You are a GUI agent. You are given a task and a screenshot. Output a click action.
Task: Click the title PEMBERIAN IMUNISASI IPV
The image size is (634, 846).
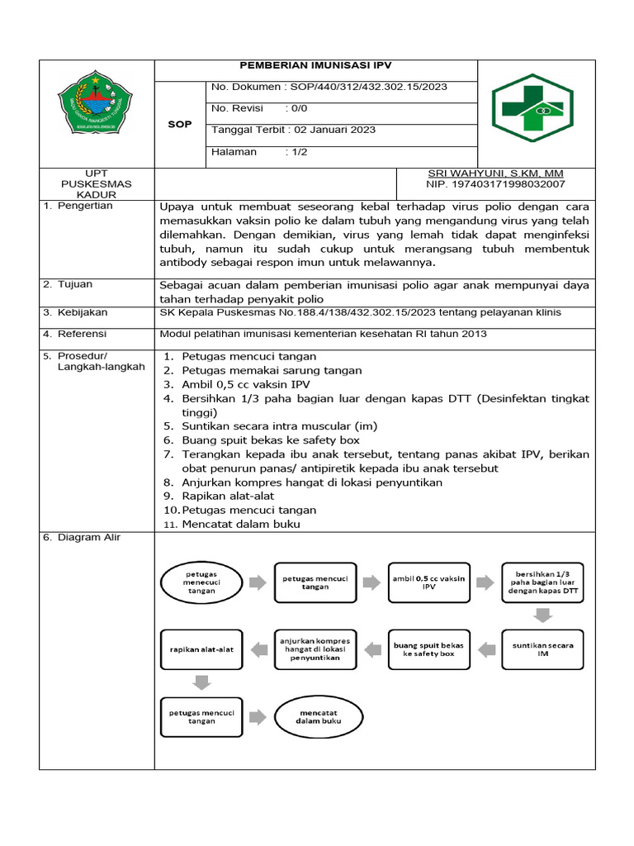315,65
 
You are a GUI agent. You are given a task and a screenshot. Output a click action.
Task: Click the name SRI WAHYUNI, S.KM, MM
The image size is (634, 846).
495,173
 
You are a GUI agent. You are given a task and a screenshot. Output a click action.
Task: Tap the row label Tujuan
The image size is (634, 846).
75,284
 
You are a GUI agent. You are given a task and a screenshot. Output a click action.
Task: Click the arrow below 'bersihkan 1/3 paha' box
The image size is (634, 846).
542,615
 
